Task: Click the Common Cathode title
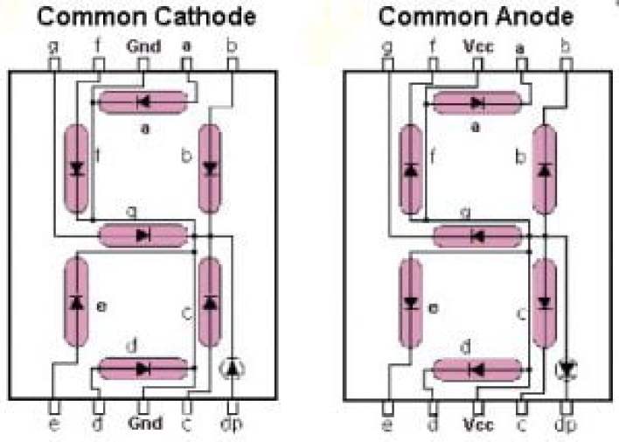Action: point(147,17)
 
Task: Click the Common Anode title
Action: point(476,17)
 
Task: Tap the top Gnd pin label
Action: point(143,45)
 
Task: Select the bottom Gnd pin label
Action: point(143,424)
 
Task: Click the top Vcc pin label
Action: point(477,45)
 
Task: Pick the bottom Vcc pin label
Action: point(477,424)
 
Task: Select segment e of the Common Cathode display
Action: point(76,302)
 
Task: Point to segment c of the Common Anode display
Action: point(545,302)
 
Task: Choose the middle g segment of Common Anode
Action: point(477,235)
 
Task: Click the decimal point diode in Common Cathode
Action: point(232,368)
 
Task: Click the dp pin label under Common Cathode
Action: point(232,425)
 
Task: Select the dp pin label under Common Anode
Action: point(567,425)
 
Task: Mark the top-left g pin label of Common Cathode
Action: point(52,45)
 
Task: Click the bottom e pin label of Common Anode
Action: point(387,425)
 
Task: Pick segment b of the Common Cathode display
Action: point(210,169)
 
